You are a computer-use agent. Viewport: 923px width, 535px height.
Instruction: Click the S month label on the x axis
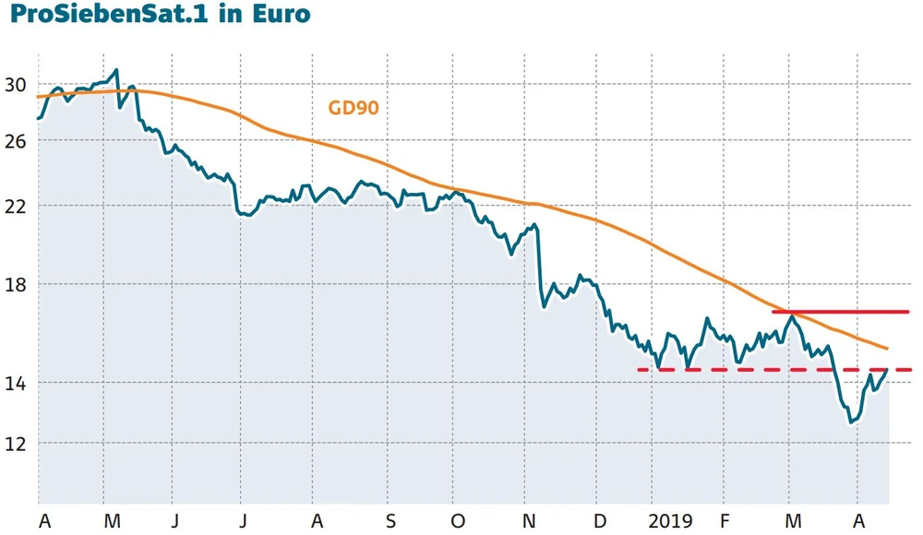point(391,521)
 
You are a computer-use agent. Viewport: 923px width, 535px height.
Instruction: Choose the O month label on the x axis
point(458,521)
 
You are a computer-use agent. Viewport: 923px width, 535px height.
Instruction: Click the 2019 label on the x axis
point(670,521)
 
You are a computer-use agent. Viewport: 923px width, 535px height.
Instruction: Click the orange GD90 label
point(354,108)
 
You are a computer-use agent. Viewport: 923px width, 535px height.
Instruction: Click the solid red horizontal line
point(840,312)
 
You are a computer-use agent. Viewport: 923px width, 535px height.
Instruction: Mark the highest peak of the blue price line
point(116,70)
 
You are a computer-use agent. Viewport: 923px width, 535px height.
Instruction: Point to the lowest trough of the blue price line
point(850,422)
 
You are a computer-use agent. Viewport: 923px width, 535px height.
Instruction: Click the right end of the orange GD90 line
point(887,349)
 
